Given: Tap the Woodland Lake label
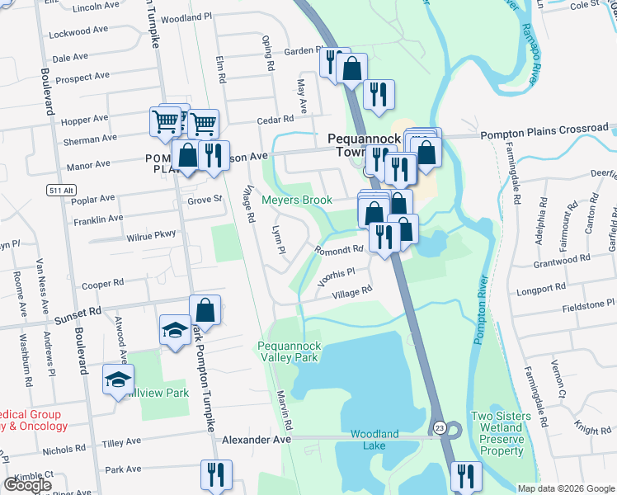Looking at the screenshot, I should point(374,440).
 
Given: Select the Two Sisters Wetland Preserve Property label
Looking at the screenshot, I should point(497,433).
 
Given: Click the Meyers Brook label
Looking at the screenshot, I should point(297,200).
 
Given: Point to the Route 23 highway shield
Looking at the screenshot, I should point(439,427).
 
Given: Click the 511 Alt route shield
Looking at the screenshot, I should point(56,191).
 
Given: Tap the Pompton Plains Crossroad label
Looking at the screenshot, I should point(544,130).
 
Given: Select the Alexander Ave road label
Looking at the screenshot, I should point(257,441).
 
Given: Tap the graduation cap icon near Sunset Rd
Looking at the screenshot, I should point(174,330).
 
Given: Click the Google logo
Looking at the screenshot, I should point(28,486).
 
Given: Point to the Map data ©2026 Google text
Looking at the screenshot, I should point(565,488).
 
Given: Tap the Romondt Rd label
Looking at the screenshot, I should point(338,249).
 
